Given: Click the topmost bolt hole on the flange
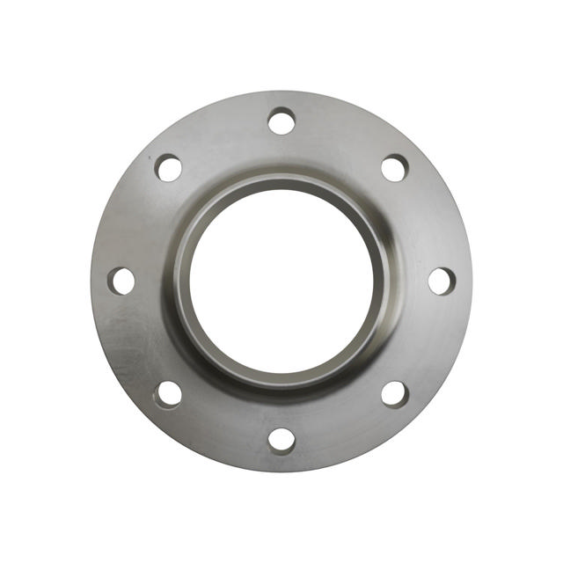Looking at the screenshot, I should pyautogui.click(x=281, y=121).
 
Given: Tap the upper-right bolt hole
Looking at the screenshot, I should pyautogui.click(x=394, y=167).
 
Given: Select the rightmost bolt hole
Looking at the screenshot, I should pyautogui.click(x=442, y=281).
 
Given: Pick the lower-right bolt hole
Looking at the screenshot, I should pyautogui.click(x=394, y=393).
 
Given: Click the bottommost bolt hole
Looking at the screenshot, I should pyautogui.click(x=281, y=440).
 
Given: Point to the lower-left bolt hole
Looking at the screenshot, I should pyautogui.click(x=168, y=393).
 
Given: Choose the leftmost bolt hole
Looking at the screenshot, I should pyautogui.click(x=121, y=281).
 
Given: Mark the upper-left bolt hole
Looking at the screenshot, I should pyautogui.click(x=168, y=167).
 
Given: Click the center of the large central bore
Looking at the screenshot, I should pyautogui.click(x=281, y=281).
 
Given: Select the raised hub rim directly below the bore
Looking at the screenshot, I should pyautogui.click(x=281, y=380).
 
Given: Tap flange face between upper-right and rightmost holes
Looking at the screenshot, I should pyautogui.click(x=429, y=220).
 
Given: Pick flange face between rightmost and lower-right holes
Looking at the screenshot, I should pyautogui.click(x=429, y=342).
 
